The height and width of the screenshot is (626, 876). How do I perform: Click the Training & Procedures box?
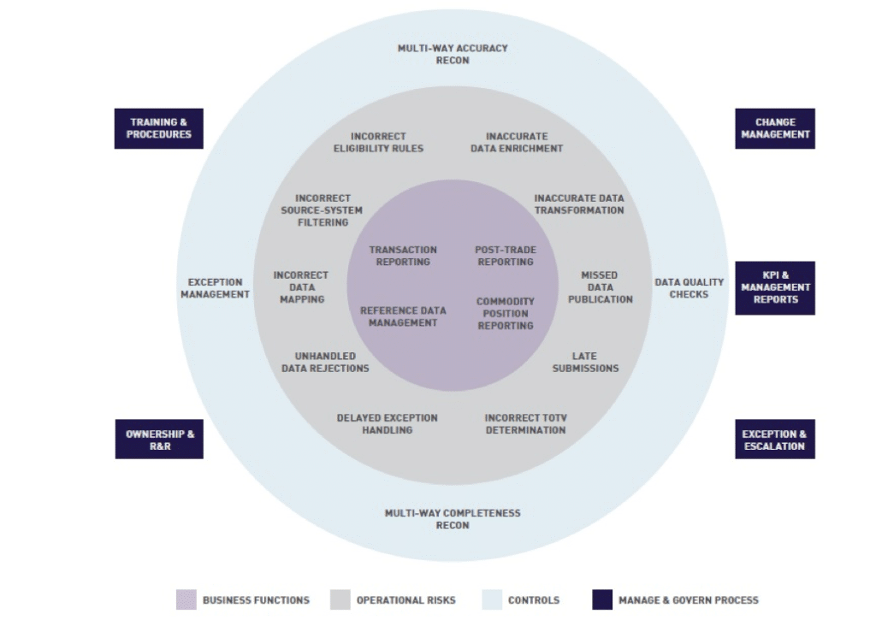click(159, 128)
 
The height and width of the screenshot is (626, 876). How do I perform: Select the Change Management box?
click(775, 128)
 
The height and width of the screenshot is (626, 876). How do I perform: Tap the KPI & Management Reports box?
click(775, 287)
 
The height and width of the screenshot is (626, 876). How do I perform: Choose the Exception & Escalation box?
click(775, 440)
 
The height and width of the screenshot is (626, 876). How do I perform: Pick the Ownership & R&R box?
click(159, 440)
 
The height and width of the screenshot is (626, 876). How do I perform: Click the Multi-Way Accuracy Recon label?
click(453, 54)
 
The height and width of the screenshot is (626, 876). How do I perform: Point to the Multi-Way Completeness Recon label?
click(453, 519)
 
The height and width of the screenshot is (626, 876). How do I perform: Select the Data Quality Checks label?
click(690, 288)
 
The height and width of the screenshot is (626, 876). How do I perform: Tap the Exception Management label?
click(215, 288)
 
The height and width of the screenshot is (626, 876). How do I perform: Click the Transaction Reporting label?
click(403, 256)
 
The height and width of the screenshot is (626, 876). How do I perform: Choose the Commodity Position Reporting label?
click(506, 313)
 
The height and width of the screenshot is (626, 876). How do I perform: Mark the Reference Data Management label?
click(403, 316)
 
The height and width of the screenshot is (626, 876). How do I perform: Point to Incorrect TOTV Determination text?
click(526, 424)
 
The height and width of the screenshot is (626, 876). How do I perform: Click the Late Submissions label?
click(585, 362)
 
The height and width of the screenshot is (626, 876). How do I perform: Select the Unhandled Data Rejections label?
click(325, 362)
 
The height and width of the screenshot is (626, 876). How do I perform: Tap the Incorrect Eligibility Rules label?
click(378, 142)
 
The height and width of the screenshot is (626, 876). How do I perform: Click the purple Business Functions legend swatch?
click(186, 599)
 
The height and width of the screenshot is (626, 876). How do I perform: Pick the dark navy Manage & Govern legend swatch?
click(602, 599)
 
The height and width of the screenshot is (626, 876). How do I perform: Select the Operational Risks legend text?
click(405, 600)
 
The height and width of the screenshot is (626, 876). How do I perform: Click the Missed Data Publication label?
click(600, 287)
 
